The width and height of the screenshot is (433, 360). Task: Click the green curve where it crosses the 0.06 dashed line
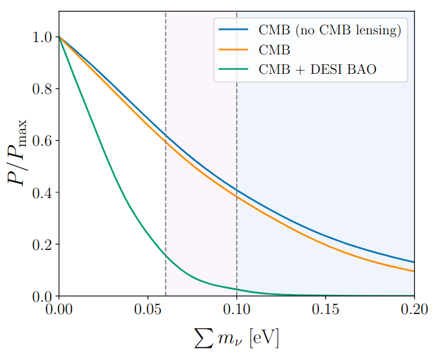coord(166,256)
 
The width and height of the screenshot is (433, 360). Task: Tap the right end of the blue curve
coord(414,262)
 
